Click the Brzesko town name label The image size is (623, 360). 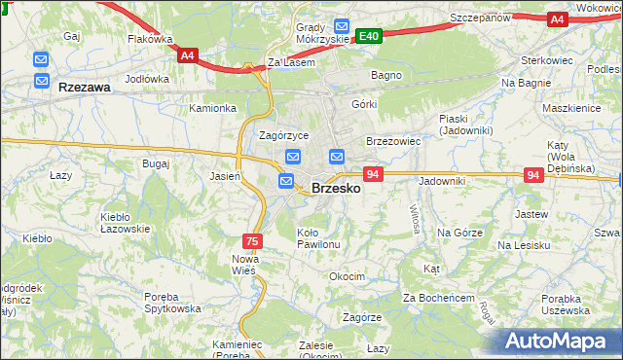pos(336,189)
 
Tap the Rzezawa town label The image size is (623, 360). pos(85,87)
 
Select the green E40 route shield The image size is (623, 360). pos(368,36)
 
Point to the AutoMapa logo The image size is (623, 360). pos(559,342)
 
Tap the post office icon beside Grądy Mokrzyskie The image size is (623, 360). pos(341,26)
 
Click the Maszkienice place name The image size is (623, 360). pos(571,108)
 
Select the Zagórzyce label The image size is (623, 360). pos(284,135)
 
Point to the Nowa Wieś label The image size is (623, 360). pos(243,264)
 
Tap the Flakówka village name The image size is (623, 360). pos(150,40)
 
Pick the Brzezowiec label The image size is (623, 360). pos(392,141)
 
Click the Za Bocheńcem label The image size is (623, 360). pos(438,296)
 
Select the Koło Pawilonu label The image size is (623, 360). pos(318,238)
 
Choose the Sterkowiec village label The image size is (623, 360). pos(549,60)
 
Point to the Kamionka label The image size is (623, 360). pos(213,109)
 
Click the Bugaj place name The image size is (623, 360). pos(156,163)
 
